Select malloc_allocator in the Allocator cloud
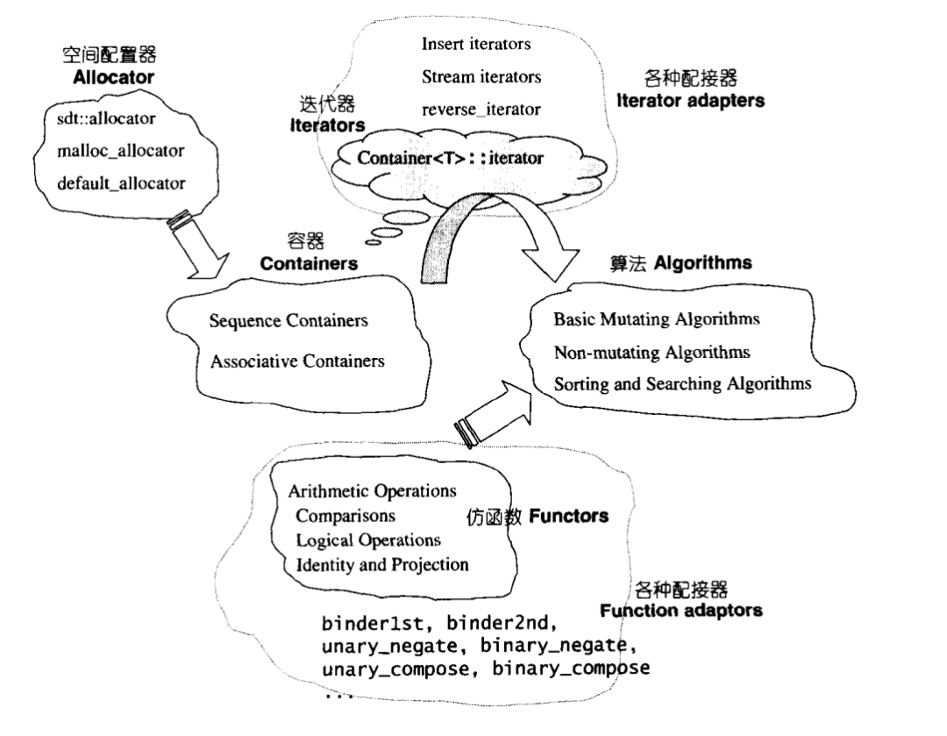(x=120, y=151)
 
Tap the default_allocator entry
(x=120, y=183)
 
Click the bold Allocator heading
(x=113, y=77)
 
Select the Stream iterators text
(x=481, y=76)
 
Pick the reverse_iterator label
(x=481, y=110)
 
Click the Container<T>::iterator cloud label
(x=451, y=158)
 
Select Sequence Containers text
(x=288, y=321)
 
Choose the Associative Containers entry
(x=296, y=361)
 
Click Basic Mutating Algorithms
(x=656, y=318)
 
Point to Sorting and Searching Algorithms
(x=682, y=383)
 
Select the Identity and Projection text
(x=382, y=564)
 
